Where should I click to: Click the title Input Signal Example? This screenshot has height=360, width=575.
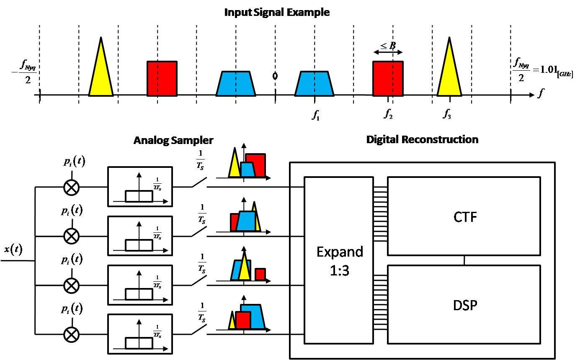pyautogui.click(x=277, y=12)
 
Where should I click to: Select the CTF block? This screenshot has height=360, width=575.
pyautogui.click(x=464, y=216)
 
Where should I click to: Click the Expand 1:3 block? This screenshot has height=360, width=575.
pyautogui.click(x=338, y=260)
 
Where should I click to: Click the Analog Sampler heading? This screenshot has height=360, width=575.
pyautogui.click(x=173, y=140)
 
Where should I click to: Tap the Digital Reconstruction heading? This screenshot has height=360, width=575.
pyautogui.click(x=422, y=139)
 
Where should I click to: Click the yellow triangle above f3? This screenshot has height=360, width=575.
pyautogui.click(x=449, y=73)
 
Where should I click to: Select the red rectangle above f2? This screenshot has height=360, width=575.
pyautogui.click(x=388, y=78)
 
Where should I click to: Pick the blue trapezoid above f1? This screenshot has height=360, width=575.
pyautogui.click(x=314, y=83)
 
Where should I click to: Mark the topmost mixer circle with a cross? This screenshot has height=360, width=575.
pyautogui.click(x=71, y=187)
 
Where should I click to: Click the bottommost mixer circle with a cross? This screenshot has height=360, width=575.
pyautogui.click(x=71, y=334)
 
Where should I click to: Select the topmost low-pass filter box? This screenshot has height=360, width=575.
pyautogui.click(x=140, y=187)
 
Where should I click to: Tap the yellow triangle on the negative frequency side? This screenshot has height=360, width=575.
pyautogui.click(x=101, y=71)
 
